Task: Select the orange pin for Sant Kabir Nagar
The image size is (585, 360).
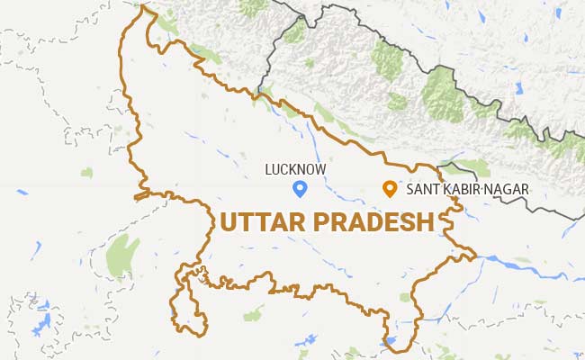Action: [x=390, y=189]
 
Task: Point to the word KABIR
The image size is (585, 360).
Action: [x=461, y=190]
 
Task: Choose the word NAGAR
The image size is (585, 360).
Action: [x=506, y=190]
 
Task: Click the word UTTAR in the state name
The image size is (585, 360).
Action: [x=256, y=222]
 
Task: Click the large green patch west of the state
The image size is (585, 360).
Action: [x=122, y=256]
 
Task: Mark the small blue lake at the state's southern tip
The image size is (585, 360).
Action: [x=389, y=342]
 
